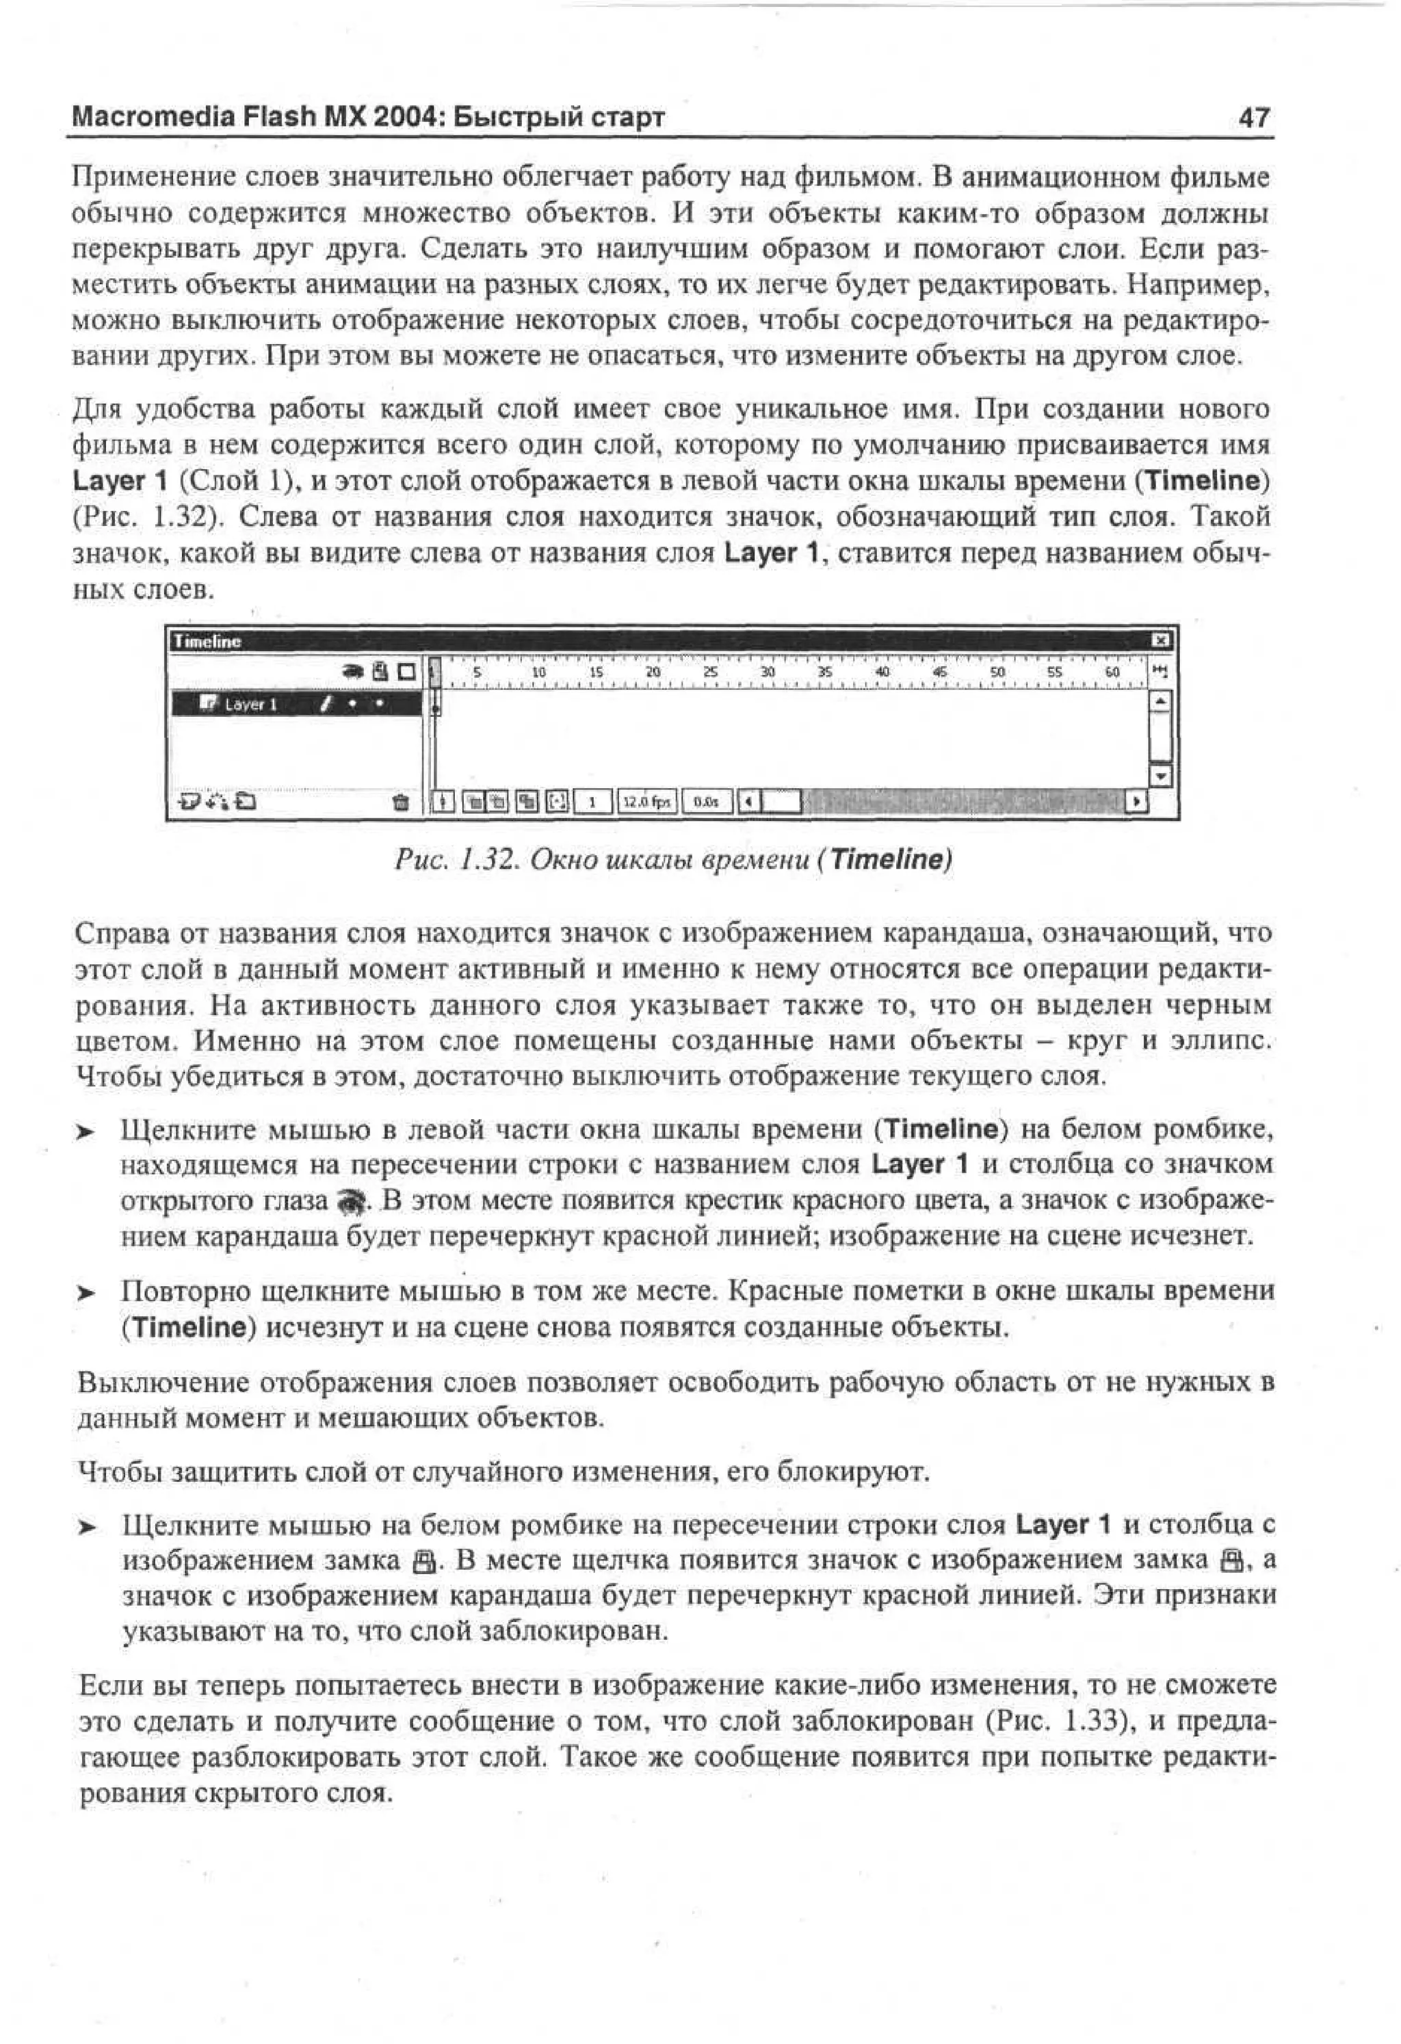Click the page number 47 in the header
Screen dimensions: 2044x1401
tap(1253, 116)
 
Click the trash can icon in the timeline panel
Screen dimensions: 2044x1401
tap(400, 801)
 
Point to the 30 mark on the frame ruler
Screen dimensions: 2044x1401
tap(767, 672)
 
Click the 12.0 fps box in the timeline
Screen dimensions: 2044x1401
tap(646, 801)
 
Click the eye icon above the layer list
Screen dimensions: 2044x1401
tap(354, 672)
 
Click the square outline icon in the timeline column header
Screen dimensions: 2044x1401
tap(406, 672)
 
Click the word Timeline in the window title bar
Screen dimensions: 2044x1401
tap(207, 641)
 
